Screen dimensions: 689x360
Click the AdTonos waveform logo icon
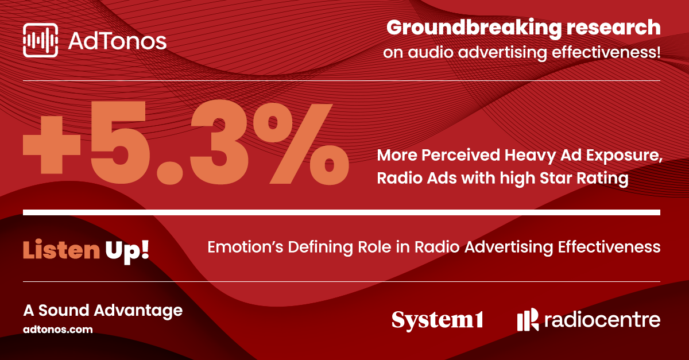(x=40, y=40)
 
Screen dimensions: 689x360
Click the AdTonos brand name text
(x=117, y=41)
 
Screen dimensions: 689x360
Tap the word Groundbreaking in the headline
(x=474, y=28)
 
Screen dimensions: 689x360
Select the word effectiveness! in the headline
(x=606, y=52)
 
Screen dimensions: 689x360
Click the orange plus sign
(x=52, y=145)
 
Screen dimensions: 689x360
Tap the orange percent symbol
(x=301, y=144)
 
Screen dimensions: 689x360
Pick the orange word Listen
(x=61, y=250)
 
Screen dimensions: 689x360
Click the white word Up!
(x=127, y=251)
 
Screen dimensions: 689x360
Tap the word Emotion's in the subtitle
(x=245, y=247)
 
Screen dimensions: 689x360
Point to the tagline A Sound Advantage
(x=103, y=311)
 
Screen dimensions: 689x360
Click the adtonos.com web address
(x=58, y=330)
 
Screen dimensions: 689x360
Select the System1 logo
(x=438, y=320)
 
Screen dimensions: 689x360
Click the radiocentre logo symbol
(x=528, y=319)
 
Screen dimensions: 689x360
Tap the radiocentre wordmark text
(x=602, y=320)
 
